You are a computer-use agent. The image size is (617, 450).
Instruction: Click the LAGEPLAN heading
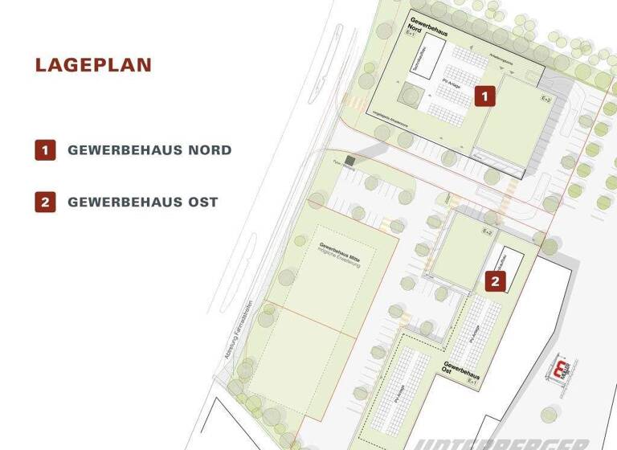pos(93,65)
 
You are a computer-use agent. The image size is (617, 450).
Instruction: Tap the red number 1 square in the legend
pos(45,149)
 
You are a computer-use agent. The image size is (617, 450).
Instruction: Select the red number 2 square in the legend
pos(45,202)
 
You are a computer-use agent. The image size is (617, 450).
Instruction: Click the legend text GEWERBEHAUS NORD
pos(149,150)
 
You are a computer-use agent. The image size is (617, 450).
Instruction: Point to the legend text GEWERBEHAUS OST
pos(142,202)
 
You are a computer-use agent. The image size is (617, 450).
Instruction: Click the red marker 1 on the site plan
pos(484,96)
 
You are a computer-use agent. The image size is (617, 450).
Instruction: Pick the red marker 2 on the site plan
pos(496,280)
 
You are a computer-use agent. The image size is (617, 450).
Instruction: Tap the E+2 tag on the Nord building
pos(546,98)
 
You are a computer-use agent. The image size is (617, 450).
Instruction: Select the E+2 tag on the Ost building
pos(486,231)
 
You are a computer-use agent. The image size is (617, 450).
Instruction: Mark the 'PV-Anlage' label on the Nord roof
pos(453,86)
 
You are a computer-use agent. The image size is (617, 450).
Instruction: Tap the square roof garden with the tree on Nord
pos(411,96)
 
